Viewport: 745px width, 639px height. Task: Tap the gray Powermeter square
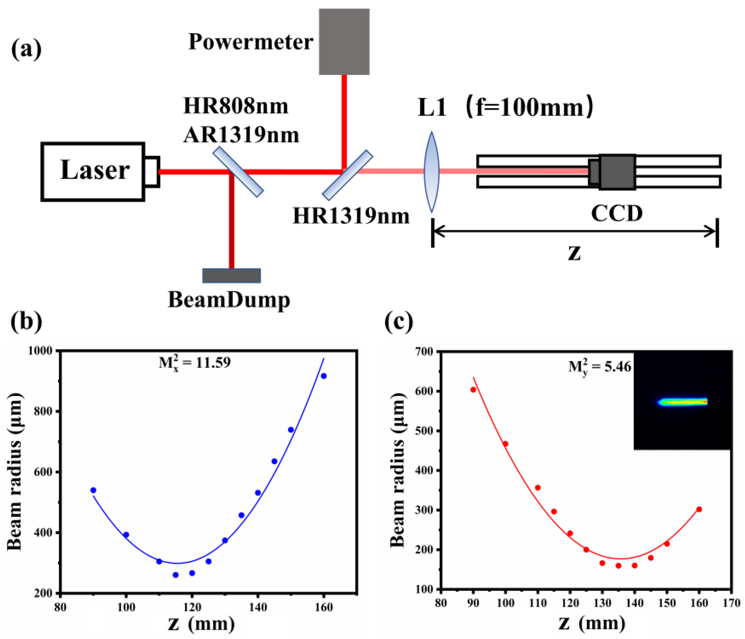tap(344, 42)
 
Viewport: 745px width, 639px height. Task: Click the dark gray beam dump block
tap(231, 276)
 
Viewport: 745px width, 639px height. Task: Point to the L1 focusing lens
tap(431, 172)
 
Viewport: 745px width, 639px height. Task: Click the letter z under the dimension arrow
tap(574, 252)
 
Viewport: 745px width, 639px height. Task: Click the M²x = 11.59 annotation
tap(195, 363)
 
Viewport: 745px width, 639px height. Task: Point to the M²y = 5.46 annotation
tap(600, 367)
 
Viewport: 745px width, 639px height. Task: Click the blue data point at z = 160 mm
tap(324, 376)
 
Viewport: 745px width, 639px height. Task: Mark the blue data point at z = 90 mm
tap(93, 490)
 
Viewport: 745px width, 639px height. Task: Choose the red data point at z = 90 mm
tap(473, 390)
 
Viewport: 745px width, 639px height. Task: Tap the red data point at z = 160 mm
tap(699, 509)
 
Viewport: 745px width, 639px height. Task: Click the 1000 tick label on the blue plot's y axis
tap(40, 350)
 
